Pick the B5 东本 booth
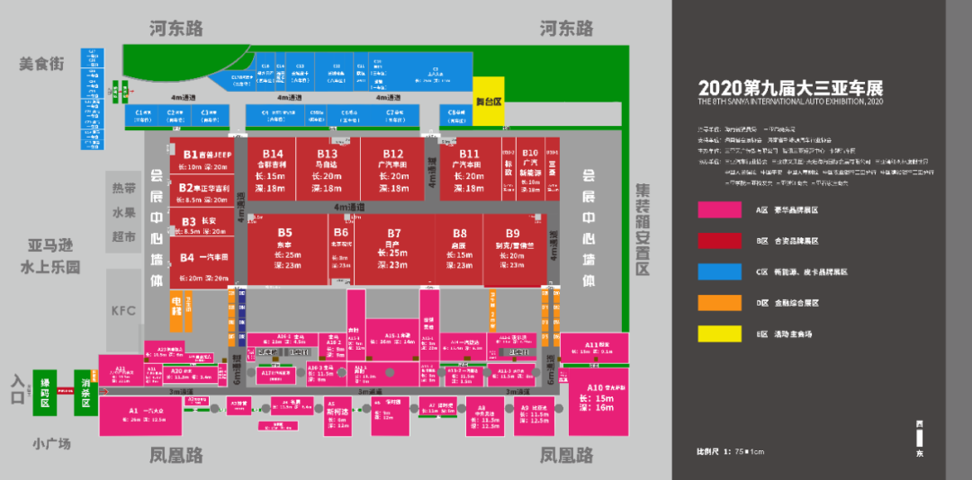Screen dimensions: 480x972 pyautogui.click(x=285, y=247)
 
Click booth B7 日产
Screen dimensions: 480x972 pyautogui.click(x=394, y=247)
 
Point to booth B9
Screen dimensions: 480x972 pyautogui.click(x=513, y=247)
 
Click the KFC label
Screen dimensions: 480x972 pyautogui.click(x=123, y=311)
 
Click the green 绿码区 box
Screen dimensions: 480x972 pyautogui.click(x=45, y=393)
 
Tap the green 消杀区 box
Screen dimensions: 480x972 pyautogui.click(x=85, y=393)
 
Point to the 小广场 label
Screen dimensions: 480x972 pyautogui.click(x=51, y=443)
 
